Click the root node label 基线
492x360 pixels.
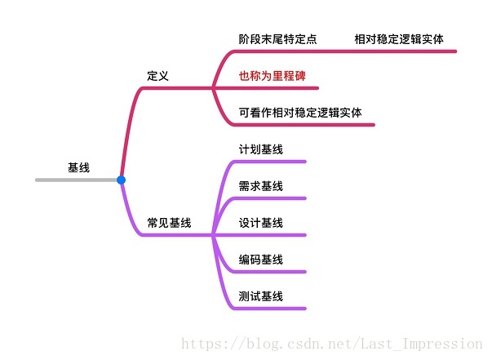[x=78, y=167]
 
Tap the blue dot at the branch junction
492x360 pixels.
[x=121, y=180]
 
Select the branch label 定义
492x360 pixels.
[x=157, y=75]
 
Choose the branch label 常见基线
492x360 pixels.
[x=169, y=222]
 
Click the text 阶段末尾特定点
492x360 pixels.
[x=277, y=38]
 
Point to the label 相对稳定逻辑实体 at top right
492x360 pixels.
[x=399, y=38]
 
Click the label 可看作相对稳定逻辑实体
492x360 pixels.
[x=300, y=112]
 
